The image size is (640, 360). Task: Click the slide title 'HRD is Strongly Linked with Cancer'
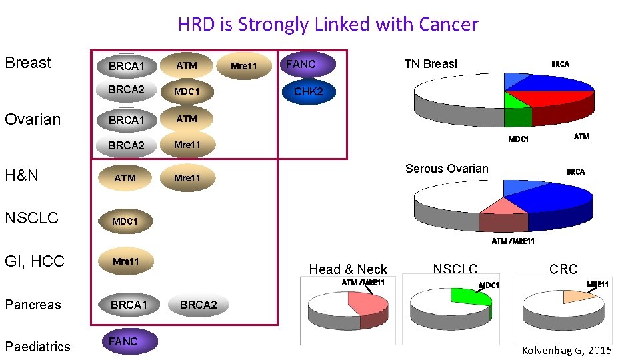tap(327, 25)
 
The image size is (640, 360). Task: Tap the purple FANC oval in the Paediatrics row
tap(129, 341)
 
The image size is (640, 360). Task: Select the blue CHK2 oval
tap(308, 91)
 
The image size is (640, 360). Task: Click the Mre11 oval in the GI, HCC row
tap(126, 261)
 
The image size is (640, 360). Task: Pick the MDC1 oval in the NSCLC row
tap(125, 221)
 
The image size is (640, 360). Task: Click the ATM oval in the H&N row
tap(125, 178)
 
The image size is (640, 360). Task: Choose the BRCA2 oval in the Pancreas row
tap(199, 305)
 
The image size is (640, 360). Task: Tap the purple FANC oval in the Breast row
tap(307, 65)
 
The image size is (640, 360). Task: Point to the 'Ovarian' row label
tap(33, 119)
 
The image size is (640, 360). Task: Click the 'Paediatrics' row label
tap(37, 347)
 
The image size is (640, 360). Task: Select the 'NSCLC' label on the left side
tap(31, 218)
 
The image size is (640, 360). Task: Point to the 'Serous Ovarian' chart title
tap(447, 169)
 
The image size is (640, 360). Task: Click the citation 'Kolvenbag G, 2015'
tap(566, 351)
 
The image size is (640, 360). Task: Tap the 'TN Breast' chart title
tap(431, 64)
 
